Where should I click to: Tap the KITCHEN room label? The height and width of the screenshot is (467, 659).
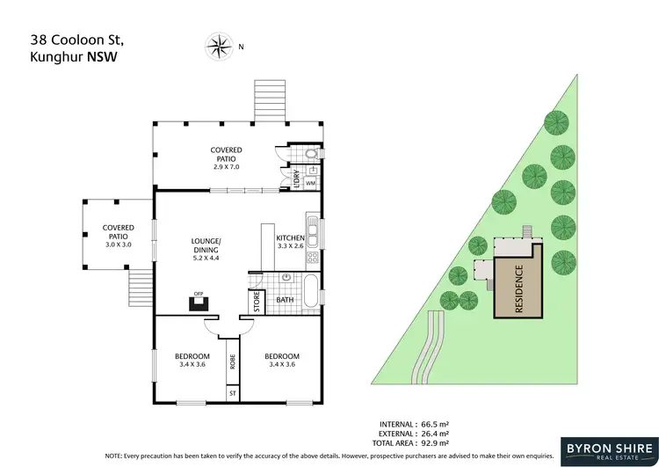[x=290, y=238]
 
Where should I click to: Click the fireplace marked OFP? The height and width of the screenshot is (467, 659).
[x=199, y=303]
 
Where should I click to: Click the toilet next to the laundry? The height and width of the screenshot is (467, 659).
[x=313, y=157]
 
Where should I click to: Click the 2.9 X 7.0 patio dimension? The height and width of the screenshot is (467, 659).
[x=226, y=166]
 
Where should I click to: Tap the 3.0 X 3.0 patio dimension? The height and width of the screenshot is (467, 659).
[x=118, y=244]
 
